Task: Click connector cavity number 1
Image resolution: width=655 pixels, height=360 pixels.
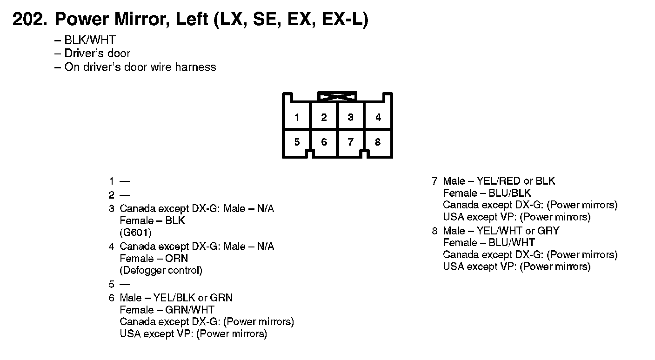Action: (x=297, y=118)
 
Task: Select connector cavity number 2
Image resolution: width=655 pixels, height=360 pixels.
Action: (x=324, y=118)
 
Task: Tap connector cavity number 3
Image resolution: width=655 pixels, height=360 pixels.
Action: (x=351, y=118)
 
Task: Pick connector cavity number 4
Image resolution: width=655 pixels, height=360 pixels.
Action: (x=378, y=118)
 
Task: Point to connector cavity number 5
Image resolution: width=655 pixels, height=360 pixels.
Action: (x=297, y=142)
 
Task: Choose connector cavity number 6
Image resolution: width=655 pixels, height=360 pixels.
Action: (x=324, y=142)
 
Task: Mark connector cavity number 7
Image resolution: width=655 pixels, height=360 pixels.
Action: (x=351, y=142)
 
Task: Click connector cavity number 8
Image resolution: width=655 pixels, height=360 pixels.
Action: (x=378, y=142)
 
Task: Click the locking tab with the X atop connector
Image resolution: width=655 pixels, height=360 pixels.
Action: (x=337, y=97)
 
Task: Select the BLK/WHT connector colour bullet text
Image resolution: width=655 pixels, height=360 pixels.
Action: (x=90, y=40)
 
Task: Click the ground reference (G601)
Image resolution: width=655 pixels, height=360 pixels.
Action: (x=135, y=233)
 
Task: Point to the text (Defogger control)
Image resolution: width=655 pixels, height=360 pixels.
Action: (x=161, y=270)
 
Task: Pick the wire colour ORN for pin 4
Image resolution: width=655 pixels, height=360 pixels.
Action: (x=177, y=258)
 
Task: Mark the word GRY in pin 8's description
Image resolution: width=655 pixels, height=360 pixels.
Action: (x=548, y=231)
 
